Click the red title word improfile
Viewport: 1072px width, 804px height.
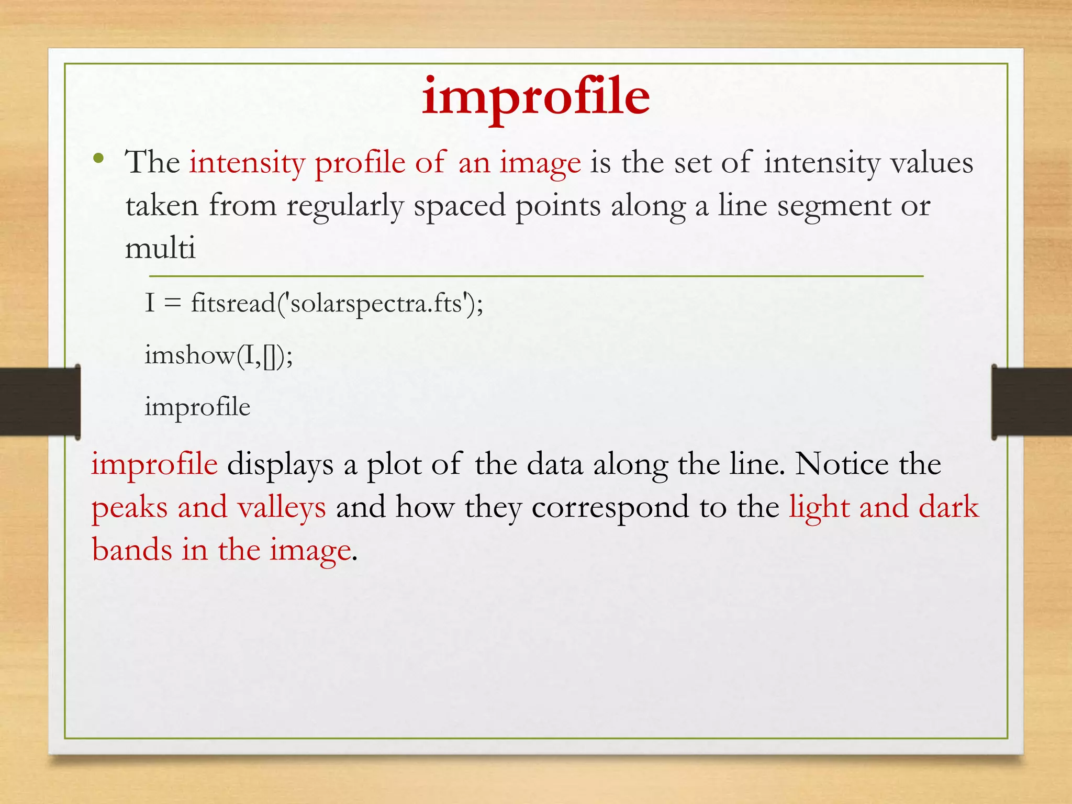click(x=535, y=97)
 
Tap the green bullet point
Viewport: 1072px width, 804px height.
click(x=98, y=158)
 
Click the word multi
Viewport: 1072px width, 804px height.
click(x=160, y=248)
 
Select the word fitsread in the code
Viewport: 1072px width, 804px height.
click(x=233, y=303)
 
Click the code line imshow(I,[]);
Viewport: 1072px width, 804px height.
click(x=218, y=356)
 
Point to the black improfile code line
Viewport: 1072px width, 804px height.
click(x=197, y=407)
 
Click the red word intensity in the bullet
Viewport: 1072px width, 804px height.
click(x=247, y=163)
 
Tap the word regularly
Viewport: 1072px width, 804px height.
click(x=344, y=206)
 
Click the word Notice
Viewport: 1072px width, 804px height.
click(x=842, y=464)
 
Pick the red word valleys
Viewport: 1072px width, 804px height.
click(x=282, y=507)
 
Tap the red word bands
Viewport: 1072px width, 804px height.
click(x=132, y=550)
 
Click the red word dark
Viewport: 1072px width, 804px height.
click(x=948, y=507)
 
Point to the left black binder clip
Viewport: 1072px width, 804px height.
click(x=40, y=401)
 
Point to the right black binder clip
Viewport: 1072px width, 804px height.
click(x=1031, y=401)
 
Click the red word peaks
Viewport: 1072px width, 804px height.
click(x=130, y=507)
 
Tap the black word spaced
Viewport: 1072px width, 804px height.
click(x=460, y=206)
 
